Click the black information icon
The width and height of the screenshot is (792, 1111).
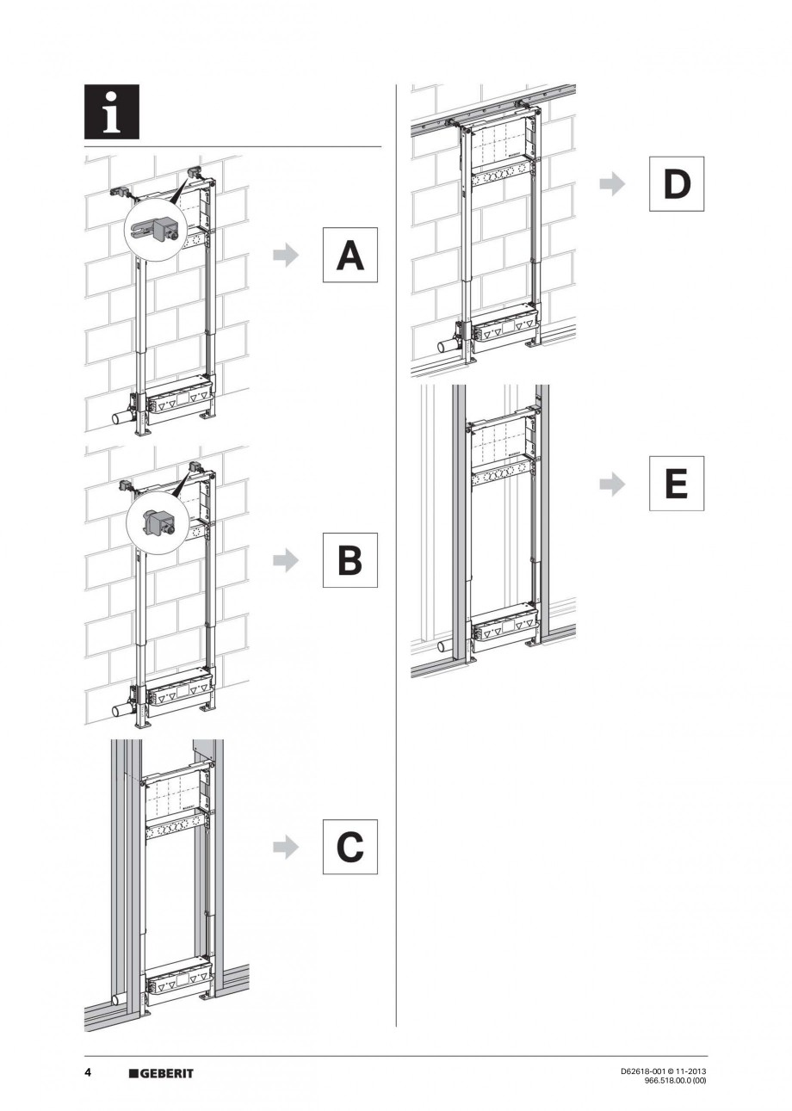tap(112, 112)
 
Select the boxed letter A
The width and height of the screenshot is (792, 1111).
tap(350, 255)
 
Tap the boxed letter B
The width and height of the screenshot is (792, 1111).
tap(350, 560)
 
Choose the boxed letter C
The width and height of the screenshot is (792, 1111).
tap(350, 847)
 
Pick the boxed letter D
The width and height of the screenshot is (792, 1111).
tap(677, 183)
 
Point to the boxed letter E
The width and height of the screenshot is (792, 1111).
tap(677, 483)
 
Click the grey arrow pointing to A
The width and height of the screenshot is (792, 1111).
tap(285, 255)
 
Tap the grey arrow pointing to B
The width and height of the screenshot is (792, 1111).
tap(285, 560)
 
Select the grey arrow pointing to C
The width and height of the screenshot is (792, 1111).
tap(285, 847)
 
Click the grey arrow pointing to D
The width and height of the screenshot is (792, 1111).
tap(612, 183)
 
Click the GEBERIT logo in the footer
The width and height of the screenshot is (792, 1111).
tap(161, 1073)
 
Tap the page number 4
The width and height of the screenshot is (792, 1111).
tap(88, 1072)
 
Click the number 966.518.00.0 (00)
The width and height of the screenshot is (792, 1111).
tap(675, 1080)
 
